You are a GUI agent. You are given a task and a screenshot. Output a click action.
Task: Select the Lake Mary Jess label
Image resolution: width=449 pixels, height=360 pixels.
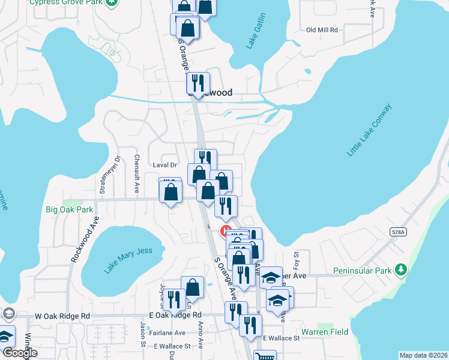(x=128, y=260)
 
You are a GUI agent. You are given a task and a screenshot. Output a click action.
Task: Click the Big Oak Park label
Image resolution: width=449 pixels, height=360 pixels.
(x=70, y=210)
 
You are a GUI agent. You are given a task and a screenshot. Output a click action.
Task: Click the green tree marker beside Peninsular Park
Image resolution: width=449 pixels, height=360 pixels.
(x=400, y=270)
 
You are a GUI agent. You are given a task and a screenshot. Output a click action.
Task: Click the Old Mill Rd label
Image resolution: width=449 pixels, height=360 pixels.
(x=322, y=29)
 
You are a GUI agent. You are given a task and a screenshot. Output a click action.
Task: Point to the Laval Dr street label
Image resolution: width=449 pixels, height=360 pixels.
(x=166, y=164)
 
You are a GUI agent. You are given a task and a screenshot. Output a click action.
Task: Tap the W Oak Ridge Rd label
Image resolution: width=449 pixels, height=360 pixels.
(x=62, y=316)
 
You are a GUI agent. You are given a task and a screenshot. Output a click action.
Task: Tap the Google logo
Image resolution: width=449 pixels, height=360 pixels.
(x=19, y=353)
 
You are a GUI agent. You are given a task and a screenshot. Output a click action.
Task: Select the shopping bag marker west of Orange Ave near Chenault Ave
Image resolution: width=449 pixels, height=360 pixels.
(x=171, y=193)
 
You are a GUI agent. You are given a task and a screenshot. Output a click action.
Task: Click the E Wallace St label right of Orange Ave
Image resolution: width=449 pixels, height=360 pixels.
(x=280, y=338)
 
